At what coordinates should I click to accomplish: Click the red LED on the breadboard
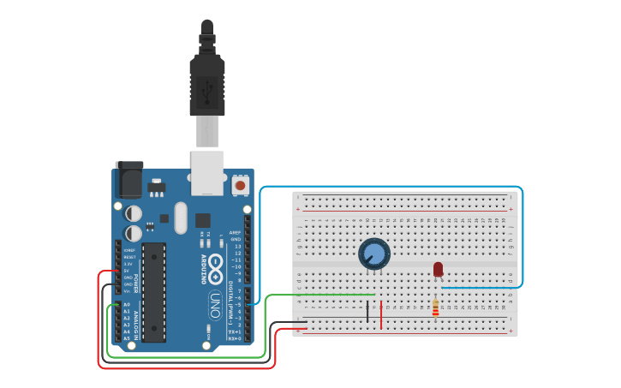point(438,270)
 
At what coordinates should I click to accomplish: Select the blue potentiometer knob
point(374,254)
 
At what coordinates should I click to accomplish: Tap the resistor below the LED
point(435,307)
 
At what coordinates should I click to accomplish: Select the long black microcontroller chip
point(154,291)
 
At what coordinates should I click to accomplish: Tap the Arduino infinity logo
point(215,267)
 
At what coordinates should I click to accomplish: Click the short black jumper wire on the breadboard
point(367,311)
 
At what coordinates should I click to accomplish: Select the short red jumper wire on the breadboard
point(381,314)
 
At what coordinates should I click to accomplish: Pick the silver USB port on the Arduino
point(207,170)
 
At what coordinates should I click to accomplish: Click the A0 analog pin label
point(127,304)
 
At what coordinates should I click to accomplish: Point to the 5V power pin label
point(128,271)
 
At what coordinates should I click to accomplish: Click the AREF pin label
point(235,231)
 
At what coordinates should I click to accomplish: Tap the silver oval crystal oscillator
point(180,218)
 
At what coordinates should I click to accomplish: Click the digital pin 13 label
point(236,246)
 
